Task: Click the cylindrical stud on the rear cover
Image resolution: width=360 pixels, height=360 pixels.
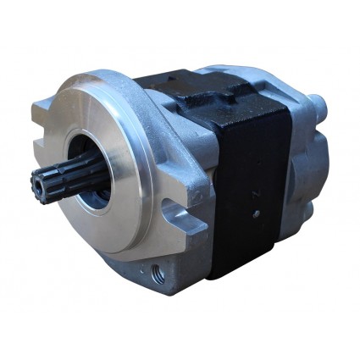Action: (318, 105)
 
